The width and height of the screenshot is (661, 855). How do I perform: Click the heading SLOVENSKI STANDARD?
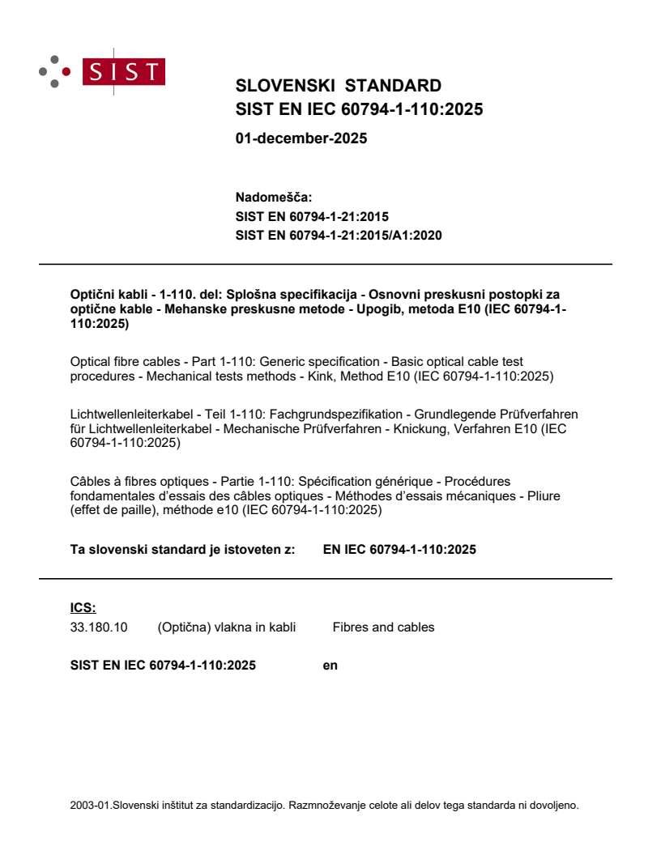(x=338, y=86)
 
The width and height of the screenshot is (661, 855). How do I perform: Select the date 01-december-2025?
(x=301, y=138)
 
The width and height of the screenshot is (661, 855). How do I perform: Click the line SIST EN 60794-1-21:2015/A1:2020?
(x=338, y=236)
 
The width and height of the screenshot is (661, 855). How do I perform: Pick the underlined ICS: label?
(x=83, y=608)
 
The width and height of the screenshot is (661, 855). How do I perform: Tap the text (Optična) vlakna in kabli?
(x=226, y=627)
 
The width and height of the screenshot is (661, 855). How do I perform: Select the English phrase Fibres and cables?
(x=383, y=627)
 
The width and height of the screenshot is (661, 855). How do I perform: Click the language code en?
(x=330, y=666)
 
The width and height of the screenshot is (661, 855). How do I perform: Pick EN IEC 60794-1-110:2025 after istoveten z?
(x=399, y=550)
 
